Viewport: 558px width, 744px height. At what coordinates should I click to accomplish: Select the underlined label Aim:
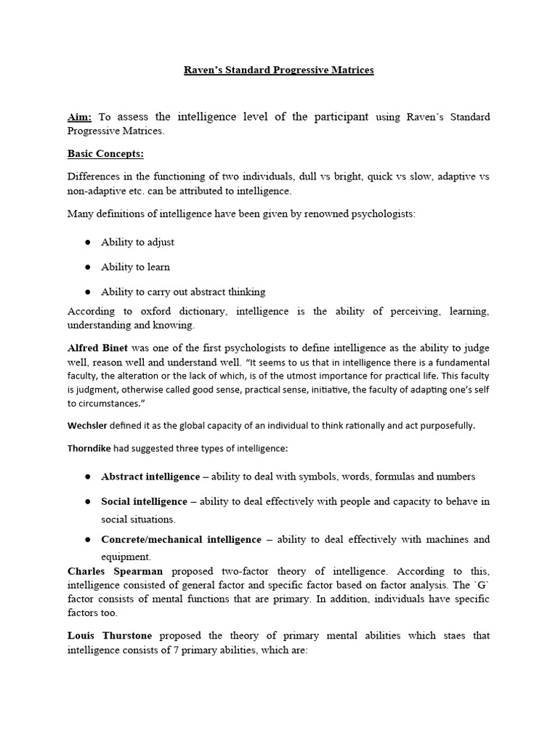click(80, 117)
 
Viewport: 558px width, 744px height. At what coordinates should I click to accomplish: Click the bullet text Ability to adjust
click(137, 242)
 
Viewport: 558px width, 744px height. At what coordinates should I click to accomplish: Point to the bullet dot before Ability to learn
click(87, 267)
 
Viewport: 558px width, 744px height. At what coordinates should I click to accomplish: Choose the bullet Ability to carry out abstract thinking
click(183, 291)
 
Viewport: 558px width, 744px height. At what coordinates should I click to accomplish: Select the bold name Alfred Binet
click(97, 349)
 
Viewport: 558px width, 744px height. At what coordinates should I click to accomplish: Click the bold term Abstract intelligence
click(150, 477)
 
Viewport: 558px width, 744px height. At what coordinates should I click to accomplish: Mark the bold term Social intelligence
click(145, 501)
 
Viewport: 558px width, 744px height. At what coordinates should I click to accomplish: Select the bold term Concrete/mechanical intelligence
click(181, 539)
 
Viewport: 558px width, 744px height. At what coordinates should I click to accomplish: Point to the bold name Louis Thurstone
click(110, 636)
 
